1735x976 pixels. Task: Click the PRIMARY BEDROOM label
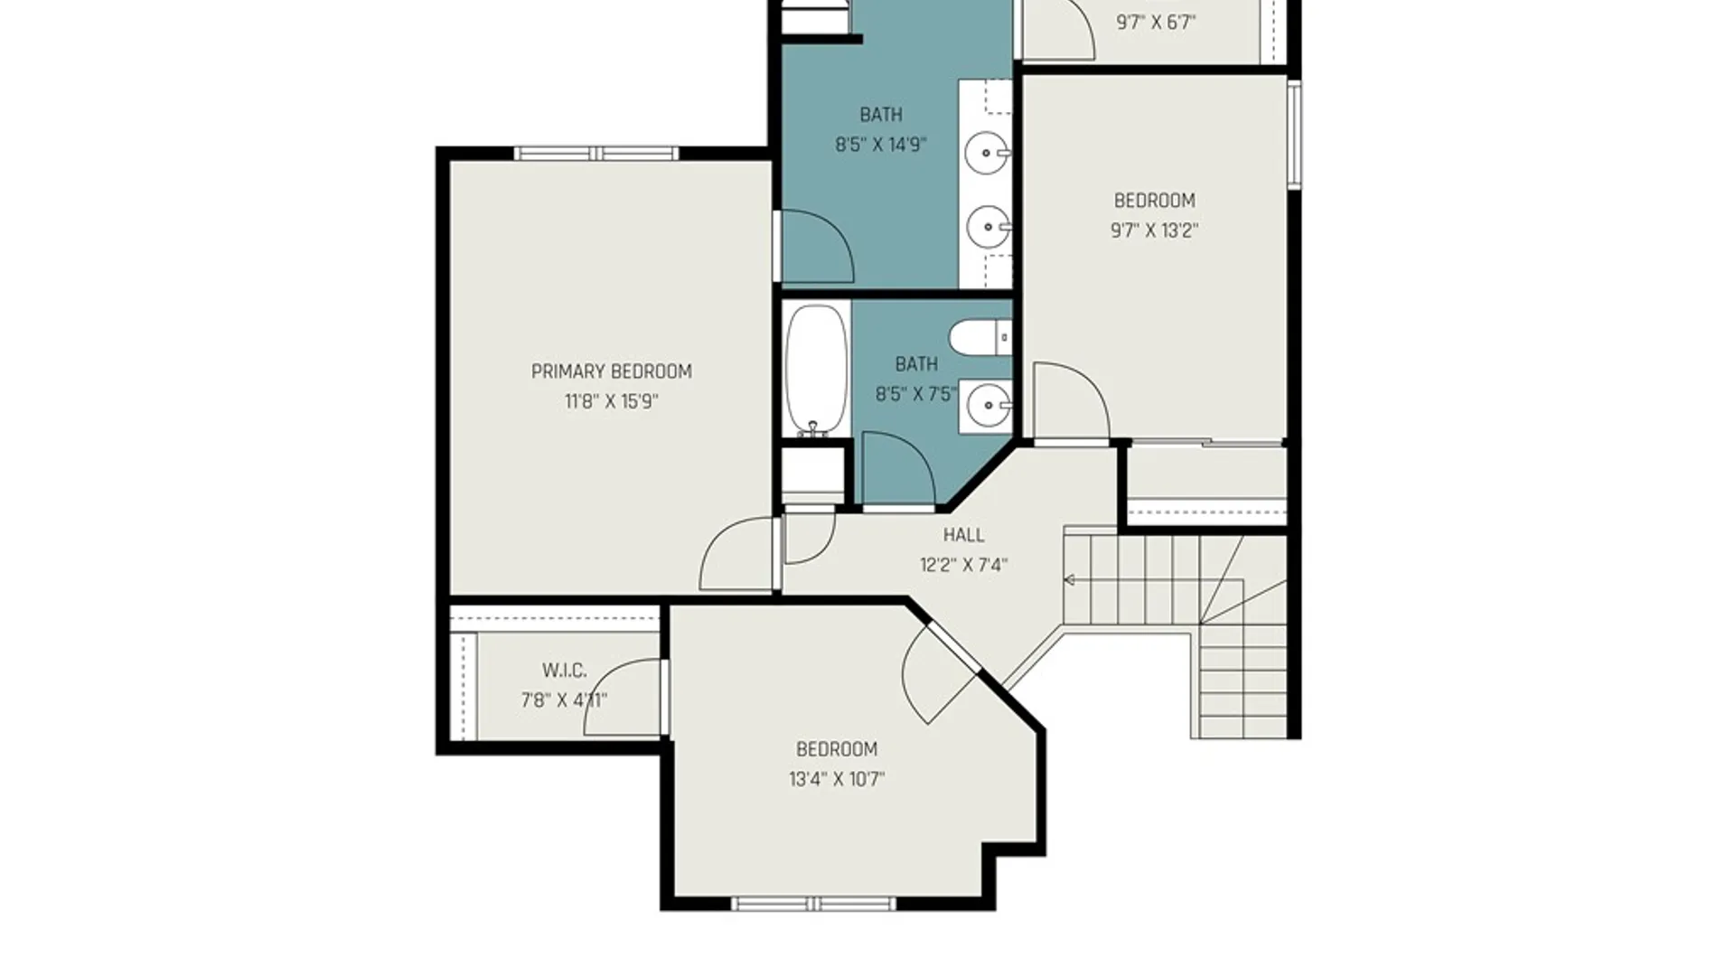point(611,371)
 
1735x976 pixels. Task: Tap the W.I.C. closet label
point(564,671)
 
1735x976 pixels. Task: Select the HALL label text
point(963,535)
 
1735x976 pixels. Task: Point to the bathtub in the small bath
point(817,371)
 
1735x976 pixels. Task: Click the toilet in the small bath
point(980,338)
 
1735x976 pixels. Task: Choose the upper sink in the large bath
point(987,153)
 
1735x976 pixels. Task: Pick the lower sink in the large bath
point(988,227)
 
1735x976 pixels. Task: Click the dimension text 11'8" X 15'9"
point(611,401)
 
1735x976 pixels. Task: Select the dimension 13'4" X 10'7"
point(837,779)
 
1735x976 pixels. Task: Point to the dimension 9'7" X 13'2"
point(1154,230)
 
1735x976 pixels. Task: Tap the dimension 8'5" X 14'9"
point(880,145)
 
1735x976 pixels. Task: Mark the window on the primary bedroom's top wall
point(596,154)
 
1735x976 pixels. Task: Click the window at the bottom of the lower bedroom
point(813,904)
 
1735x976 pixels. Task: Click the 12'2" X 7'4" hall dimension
point(963,566)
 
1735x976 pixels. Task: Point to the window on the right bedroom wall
point(1294,134)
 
